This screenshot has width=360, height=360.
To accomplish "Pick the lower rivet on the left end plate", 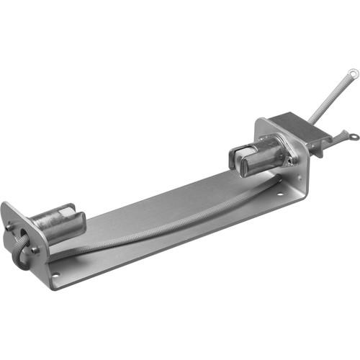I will [x=35, y=250].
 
